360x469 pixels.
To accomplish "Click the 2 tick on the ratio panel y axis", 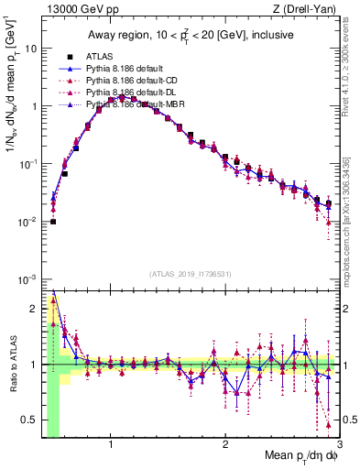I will pos(33,309).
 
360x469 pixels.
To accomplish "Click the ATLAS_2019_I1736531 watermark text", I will pos(191,274).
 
